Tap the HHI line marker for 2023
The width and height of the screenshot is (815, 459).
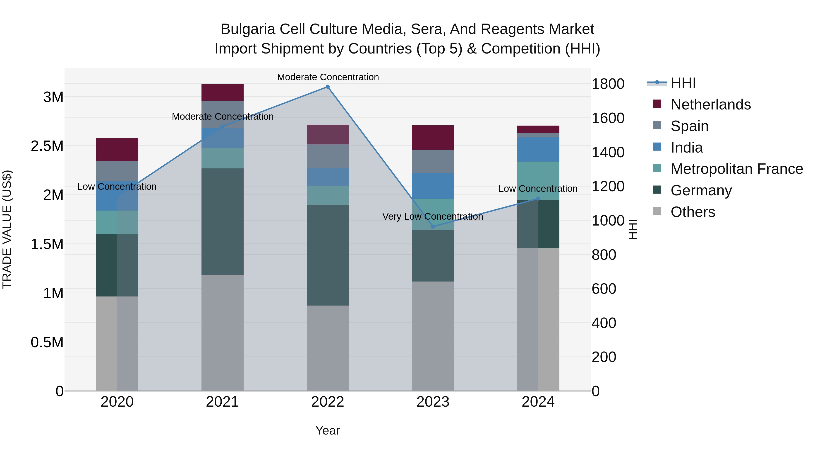[x=433, y=226]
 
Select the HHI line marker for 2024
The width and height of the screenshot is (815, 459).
[x=538, y=199]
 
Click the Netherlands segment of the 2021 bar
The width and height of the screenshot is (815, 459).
[x=222, y=92]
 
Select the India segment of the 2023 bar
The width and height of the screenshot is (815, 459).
[x=433, y=186]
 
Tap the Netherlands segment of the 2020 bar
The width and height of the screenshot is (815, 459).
[x=117, y=150]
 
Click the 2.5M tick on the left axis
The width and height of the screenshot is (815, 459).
[x=47, y=146]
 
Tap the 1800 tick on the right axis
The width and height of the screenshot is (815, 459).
[x=608, y=84]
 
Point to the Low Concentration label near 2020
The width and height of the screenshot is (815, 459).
[x=117, y=187]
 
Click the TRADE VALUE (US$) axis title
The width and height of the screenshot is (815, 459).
[x=7, y=229]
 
